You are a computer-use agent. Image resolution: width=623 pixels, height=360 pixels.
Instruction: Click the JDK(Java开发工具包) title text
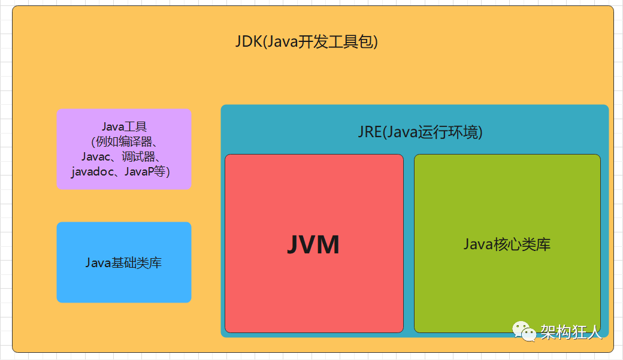pyautogui.click(x=306, y=43)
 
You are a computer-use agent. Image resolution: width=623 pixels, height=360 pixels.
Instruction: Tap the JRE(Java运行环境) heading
pyautogui.click(x=420, y=132)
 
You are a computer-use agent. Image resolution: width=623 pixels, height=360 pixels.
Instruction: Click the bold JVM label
pyautogui.click(x=313, y=244)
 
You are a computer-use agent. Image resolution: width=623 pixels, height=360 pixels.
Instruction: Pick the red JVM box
pyautogui.click(x=313, y=288)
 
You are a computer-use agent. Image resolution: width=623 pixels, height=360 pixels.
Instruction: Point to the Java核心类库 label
pyautogui.click(x=507, y=244)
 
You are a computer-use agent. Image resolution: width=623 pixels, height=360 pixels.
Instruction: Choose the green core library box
pyautogui.click(x=507, y=288)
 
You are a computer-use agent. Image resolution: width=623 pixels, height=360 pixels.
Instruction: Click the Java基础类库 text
pyautogui.click(x=123, y=262)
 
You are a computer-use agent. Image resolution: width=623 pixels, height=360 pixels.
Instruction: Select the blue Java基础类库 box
pyautogui.click(x=123, y=285)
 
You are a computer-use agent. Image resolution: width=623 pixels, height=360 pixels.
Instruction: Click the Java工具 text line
pyautogui.click(x=124, y=126)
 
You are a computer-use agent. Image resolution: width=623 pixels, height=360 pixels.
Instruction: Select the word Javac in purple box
pyautogui.click(x=95, y=157)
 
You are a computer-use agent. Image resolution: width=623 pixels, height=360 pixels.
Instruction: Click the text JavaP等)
pyautogui.click(x=148, y=172)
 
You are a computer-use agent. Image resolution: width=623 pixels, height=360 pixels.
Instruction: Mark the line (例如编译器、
pyautogui.click(x=124, y=142)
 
